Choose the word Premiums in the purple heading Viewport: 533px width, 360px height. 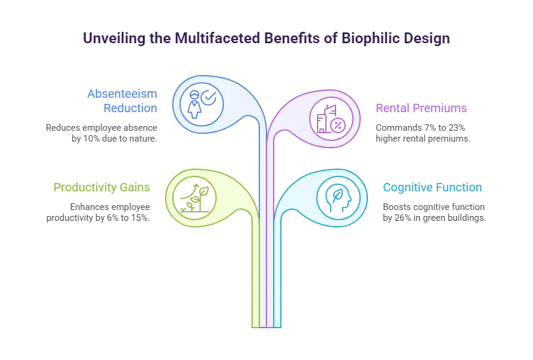437,109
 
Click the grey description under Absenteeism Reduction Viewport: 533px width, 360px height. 100,133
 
